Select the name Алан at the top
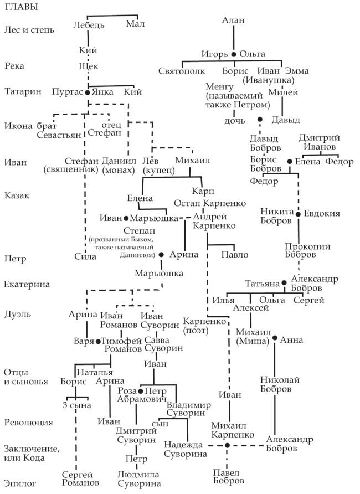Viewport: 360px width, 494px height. tap(233, 20)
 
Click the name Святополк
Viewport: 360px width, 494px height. tap(182, 71)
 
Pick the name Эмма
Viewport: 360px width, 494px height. tap(296, 71)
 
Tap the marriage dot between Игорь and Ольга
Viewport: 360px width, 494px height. tap(234, 54)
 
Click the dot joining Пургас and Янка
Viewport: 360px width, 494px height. tap(88, 92)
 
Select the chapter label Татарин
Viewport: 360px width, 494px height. tap(22, 92)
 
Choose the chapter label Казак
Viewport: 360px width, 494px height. tap(16, 195)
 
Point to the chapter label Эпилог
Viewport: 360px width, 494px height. tap(18, 483)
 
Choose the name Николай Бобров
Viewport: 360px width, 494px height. tap(275, 384)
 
